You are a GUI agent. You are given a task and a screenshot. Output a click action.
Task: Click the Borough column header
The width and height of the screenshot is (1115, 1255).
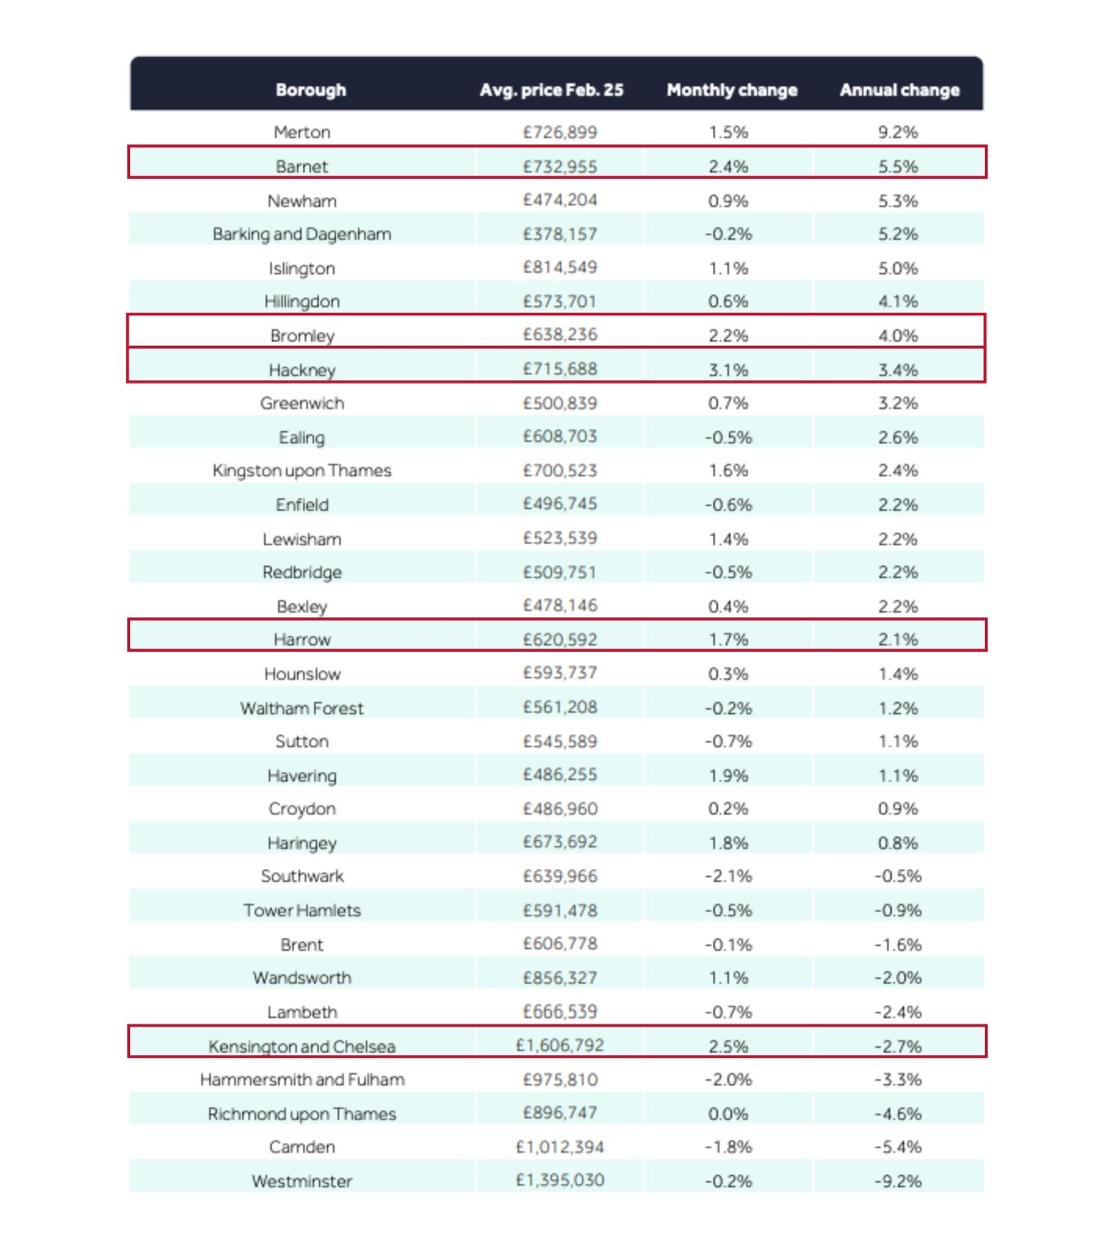coord(311,90)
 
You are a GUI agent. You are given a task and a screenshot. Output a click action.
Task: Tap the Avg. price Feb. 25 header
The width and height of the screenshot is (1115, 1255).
coord(551,90)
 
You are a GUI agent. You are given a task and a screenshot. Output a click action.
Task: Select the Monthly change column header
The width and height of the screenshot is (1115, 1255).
coord(732,90)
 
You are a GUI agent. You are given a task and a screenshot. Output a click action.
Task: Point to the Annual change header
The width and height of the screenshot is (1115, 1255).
coord(899,90)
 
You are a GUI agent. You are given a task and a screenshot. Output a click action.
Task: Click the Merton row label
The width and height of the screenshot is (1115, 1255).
coord(302,133)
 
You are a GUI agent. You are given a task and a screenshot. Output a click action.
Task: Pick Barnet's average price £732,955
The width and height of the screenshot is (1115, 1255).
coord(560,166)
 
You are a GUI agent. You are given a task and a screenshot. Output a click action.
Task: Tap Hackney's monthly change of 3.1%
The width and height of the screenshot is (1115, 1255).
coord(728,369)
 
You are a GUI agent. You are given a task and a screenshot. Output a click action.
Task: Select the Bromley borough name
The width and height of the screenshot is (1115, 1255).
coord(302,336)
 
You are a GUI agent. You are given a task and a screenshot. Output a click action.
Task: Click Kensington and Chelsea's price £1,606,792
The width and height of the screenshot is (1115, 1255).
coord(560,1046)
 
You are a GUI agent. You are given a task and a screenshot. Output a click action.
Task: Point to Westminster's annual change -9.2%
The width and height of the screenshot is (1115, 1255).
coord(898,1181)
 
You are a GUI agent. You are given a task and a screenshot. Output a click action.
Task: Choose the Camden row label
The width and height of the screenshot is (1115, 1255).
coord(302,1148)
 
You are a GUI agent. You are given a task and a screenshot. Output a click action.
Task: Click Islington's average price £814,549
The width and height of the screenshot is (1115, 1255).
coord(560,267)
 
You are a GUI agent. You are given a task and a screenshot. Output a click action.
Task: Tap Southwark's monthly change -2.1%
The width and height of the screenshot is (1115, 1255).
coord(728,876)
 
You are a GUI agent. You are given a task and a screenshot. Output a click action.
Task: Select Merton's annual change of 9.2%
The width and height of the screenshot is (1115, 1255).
coord(898,133)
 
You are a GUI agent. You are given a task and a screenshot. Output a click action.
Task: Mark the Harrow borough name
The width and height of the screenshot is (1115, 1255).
coord(302,640)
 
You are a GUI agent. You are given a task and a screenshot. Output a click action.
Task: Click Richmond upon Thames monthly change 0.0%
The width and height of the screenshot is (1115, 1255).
coord(728,1114)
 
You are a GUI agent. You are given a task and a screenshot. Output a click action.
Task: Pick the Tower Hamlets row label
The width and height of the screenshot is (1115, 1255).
coord(302,911)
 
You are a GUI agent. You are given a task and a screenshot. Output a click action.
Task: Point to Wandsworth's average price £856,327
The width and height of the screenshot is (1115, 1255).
coord(560,978)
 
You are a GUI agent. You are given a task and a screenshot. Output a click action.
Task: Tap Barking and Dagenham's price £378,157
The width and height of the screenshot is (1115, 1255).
coord(560,234)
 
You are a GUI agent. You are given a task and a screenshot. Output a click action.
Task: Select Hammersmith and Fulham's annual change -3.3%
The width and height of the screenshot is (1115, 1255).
coord(898,1080)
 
